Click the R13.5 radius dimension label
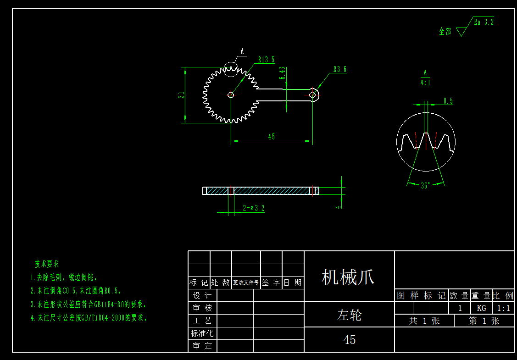tap(266, 60)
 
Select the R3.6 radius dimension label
tap(339, 70)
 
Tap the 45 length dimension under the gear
tap(272, 137)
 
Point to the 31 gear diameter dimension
tap(181, 95)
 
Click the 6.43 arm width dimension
tap(282, 73)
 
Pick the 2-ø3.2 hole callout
tap(254, 208)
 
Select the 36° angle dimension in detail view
tap(425, 186)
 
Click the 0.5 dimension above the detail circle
tap(448, 101)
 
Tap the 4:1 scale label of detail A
tap(425, 83)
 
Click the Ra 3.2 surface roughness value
tap(484, 22)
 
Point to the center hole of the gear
tap(231, 95)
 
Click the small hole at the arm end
tap(313, 95)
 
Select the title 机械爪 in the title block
tap(348, 277)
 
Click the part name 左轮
tap(349, 315)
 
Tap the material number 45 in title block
tap(350, 340)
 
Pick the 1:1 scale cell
tap(503, 308)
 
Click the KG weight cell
tap(481, 308)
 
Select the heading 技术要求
tap(47, 264)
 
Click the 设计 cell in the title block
tap(202, 296)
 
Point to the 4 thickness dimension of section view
tap(338, 206)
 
